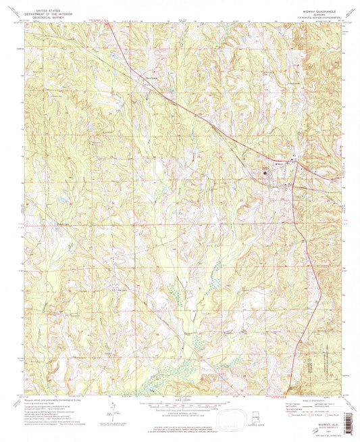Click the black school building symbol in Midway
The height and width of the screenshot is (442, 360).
(x=265, y=176)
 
